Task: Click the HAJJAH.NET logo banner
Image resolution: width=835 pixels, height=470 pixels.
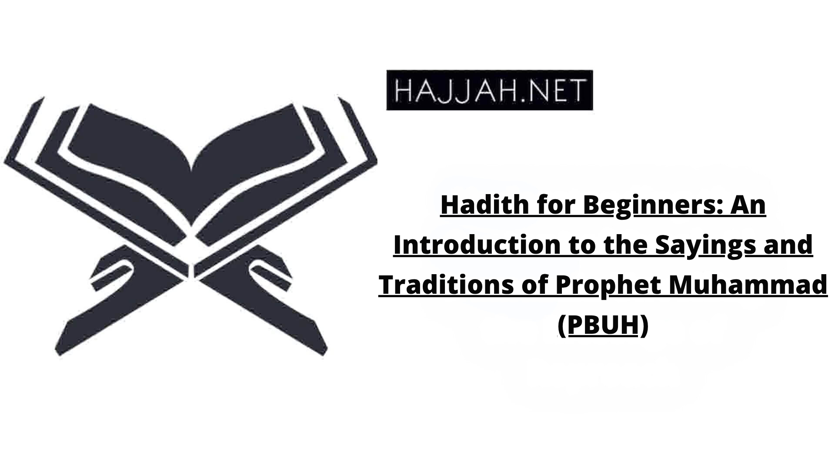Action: pos(490,90)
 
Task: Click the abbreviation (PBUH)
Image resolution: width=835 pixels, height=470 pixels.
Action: pos(603,325)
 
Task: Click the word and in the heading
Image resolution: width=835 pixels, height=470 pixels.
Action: pos(786,245)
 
